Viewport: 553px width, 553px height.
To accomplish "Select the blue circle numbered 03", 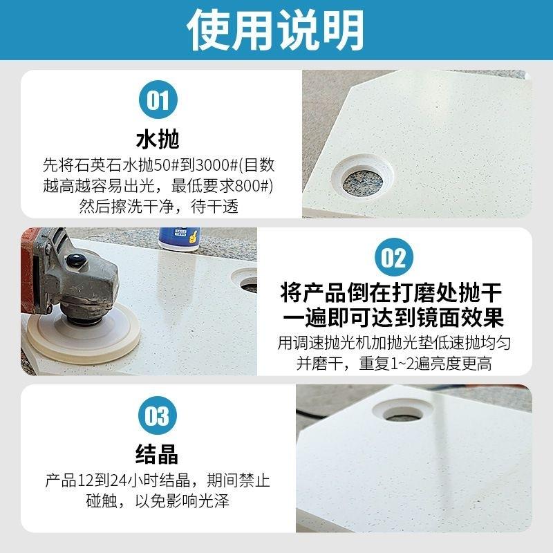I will coord(158,416).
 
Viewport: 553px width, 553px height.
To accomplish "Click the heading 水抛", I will coord(158,139).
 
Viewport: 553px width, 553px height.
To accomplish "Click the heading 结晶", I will coord(158,454).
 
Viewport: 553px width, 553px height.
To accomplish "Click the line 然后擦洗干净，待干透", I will coord(159,206).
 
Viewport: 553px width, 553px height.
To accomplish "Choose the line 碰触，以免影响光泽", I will coord(159,500).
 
